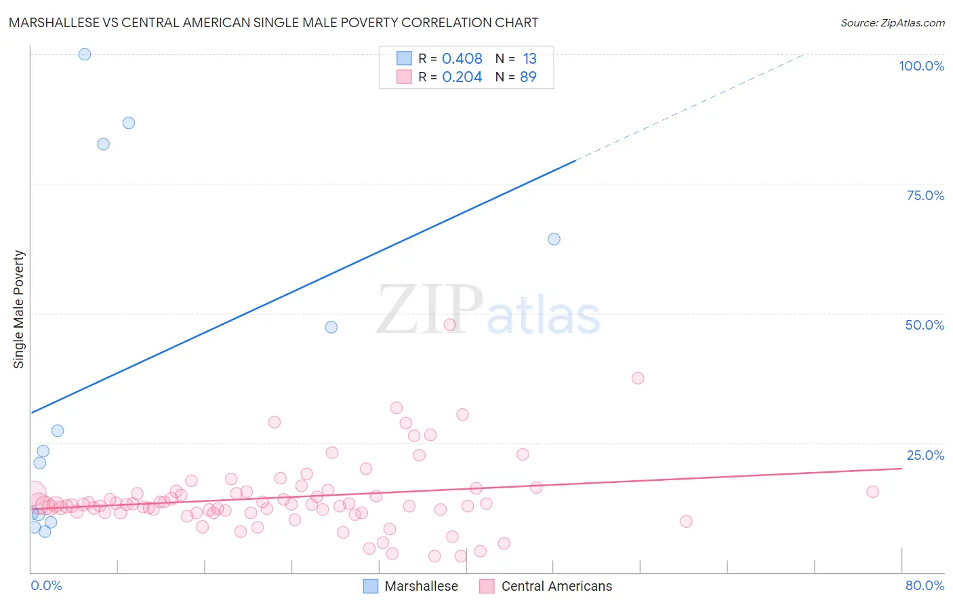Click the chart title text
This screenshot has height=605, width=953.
[x=273, y=22]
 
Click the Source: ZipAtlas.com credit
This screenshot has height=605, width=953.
[x=892, y=22]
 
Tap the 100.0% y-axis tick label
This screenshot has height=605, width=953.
[x=921, y=66]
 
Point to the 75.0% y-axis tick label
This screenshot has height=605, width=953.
[x=925, y=195]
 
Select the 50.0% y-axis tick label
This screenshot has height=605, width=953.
[x=925, y=325]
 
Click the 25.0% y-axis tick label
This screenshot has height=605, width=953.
[x=925, y=455]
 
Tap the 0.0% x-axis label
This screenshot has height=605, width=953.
[x=46, y=585]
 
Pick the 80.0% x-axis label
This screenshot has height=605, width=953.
[x=925, y=585]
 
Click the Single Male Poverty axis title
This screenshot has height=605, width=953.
[x=18, y=309]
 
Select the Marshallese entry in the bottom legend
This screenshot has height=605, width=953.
[x=411, y=586]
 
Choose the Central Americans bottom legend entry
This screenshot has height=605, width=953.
[x=546, y=586]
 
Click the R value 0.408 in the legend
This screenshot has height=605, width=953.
[x=462, y=59]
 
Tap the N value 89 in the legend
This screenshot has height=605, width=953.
[x=528, y=77]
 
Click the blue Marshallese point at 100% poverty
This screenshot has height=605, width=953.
[x=85, y=54]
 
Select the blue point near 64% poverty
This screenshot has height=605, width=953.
[x=554, y=239]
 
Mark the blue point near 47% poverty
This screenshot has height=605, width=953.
[x=331, y=327]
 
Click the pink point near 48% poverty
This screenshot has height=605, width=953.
[x=449, y=325]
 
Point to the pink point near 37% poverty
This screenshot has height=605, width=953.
[x=638, y=378]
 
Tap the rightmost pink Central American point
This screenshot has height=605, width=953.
[x=872, y=492]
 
